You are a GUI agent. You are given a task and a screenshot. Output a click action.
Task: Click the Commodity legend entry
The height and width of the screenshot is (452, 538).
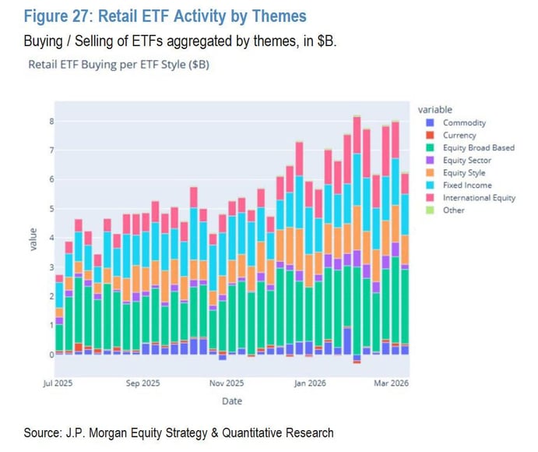(464, 122)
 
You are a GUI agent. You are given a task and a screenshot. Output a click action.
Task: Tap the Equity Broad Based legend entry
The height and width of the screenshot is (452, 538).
(478, 147)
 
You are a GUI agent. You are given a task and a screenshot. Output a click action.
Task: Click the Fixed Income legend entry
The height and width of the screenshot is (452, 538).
(467, 185)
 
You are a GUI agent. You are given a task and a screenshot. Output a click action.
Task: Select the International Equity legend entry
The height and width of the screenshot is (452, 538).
(479, 198)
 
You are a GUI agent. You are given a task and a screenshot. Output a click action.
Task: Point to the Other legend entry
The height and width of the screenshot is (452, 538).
(453, 210)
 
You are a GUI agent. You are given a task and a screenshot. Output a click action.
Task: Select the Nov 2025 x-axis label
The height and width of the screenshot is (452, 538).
(226, 383)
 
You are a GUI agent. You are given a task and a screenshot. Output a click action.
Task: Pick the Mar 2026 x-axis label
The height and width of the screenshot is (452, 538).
(393, 383)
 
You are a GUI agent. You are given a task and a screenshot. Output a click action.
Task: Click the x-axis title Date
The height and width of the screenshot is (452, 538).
(231, 401)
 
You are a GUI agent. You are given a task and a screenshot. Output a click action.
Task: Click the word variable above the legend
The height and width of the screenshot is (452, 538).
(434, 109)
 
